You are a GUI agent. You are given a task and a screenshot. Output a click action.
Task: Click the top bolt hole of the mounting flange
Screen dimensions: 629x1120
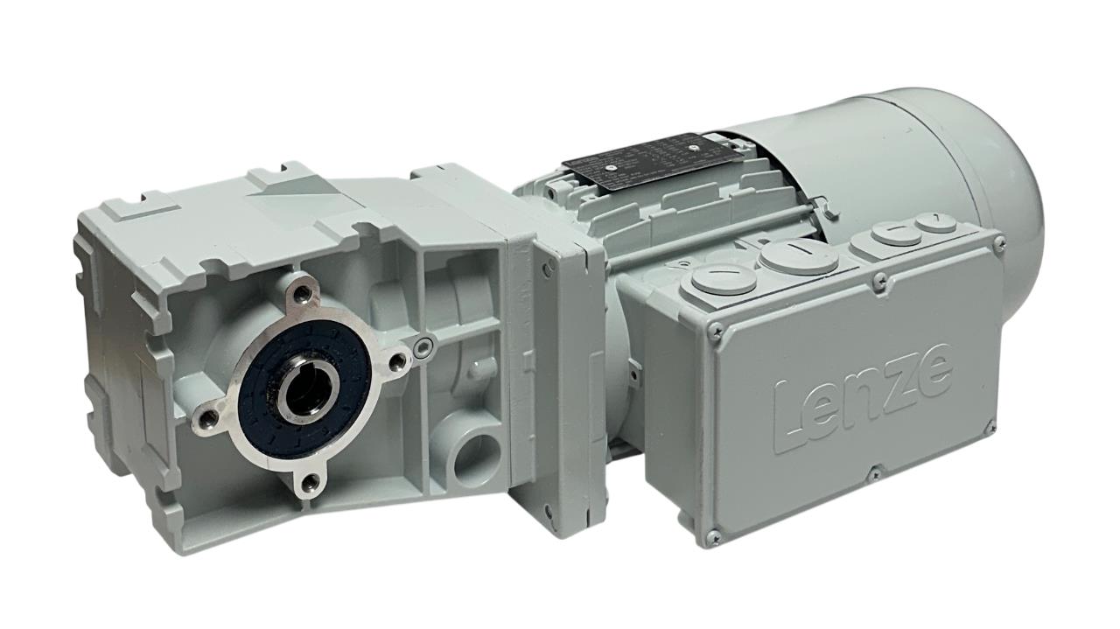(302, 290)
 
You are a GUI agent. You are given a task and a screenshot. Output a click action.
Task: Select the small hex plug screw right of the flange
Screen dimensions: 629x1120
(424, 347)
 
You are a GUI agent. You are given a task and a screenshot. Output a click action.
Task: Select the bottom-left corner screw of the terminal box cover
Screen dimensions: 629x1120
(713, 535)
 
